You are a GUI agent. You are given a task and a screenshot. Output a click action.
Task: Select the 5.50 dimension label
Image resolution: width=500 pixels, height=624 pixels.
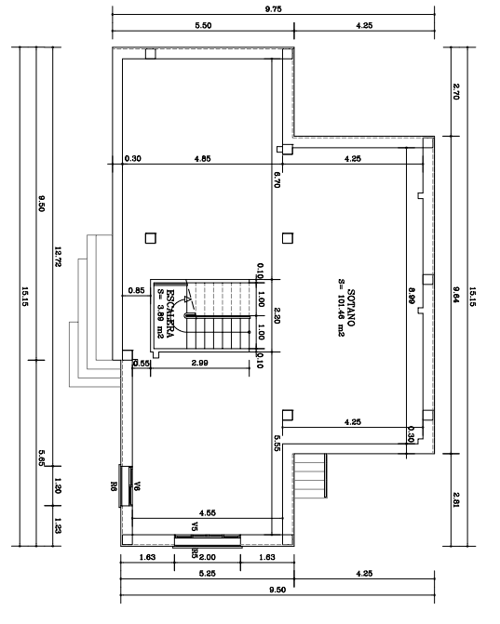coord(203,25)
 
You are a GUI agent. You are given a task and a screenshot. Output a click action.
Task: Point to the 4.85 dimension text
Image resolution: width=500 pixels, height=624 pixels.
coord(201,158)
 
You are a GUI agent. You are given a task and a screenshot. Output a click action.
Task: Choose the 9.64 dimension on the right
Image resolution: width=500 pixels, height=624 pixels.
coord(455,294)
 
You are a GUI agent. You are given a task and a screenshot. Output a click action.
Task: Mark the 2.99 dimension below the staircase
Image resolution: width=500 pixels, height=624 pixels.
coord(198,363)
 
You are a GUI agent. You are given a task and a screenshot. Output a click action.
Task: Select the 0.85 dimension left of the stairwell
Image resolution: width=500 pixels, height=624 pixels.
coord(134,290)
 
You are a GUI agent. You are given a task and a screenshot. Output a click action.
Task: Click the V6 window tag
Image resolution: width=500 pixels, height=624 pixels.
coord(136,485)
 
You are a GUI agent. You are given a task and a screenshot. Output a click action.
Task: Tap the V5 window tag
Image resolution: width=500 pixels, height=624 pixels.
coord(195,527)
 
